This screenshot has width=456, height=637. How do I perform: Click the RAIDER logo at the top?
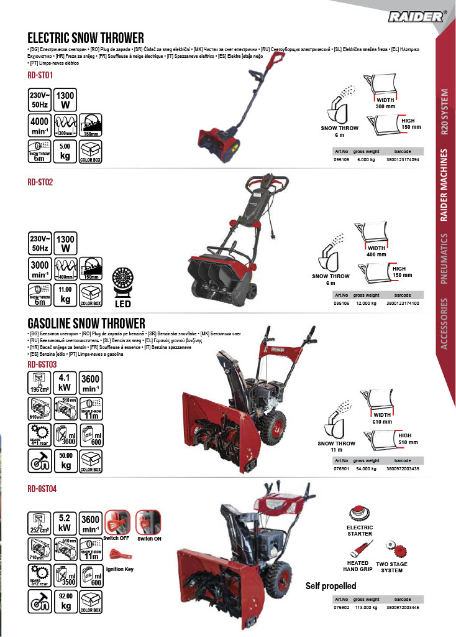click(416, 17)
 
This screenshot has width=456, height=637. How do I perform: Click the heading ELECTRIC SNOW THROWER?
click(86, 37)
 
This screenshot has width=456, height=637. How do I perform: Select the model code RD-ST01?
click(40, 75)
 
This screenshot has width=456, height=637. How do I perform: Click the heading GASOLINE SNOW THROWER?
click(86, 323)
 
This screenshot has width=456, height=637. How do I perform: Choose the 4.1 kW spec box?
click(64, 382)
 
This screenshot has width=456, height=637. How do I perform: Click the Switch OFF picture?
click(117, 523)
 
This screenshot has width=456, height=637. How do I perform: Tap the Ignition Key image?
click(117, 554)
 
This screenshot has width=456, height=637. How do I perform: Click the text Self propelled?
click(331, 586)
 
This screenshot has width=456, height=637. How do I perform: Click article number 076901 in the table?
click(341, 469)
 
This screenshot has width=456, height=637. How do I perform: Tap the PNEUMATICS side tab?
click(444, 258)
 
